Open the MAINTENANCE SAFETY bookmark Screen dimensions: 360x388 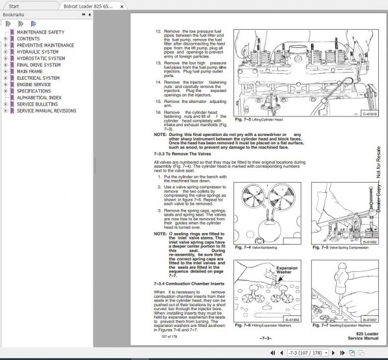[40, 32]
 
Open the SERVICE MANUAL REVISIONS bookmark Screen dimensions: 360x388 [50, 111]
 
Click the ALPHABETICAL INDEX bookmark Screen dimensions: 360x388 [39, 98]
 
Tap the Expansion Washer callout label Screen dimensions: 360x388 [287, 269]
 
